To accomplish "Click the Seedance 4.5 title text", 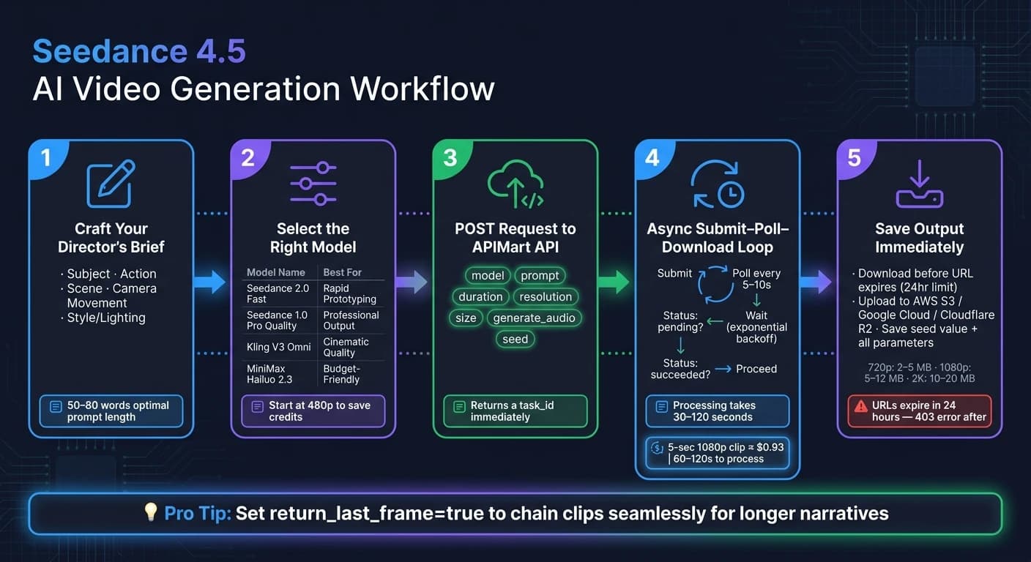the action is click(x=139, y=50).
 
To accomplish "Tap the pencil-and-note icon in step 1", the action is click(x=111, y=184).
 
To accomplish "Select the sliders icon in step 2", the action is click(x=313, y=184).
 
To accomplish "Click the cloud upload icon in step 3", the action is click(x=515, y=184).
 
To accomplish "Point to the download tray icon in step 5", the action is click(x=920, y=184).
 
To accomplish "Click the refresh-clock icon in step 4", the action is click(x=718, y=184).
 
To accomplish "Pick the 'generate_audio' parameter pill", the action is click(x=534, y=318).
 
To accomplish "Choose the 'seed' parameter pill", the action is click(x=515, y=339).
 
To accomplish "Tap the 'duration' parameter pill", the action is click(x=480, y=296).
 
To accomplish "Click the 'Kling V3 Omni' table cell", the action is click(x=279, y=347).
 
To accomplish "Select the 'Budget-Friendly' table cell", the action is click(x=341, y=374).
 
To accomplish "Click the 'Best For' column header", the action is click(x=343, y=272).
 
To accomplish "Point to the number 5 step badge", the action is click(x=855, y=158).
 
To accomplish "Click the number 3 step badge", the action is click(x=450, y=158).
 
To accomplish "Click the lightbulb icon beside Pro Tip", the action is click(x=151, y=511).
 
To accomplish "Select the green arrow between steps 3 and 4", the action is click(x=614, y=282).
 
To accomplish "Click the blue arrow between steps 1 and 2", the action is click(x=210, y=282).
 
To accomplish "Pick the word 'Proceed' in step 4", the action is click(x=756, y=369).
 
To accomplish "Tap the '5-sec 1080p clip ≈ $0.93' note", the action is click(x=726, y=447).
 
